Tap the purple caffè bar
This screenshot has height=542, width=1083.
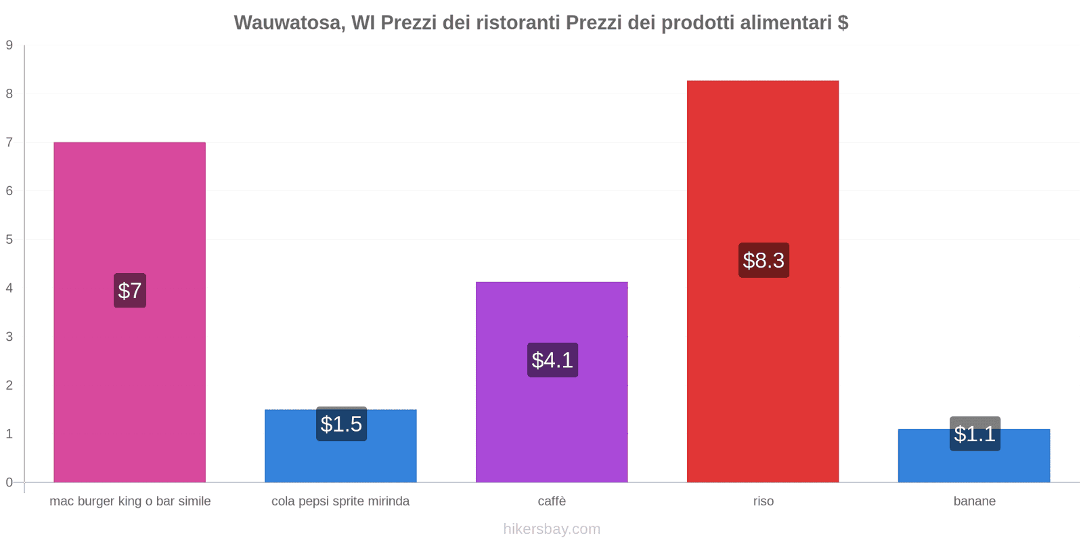(552, 420)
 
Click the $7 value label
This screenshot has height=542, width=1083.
(130, 291)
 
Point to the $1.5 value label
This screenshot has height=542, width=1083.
(341, 424)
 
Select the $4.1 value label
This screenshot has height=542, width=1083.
(552, 360)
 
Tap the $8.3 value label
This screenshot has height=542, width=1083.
(764, 260)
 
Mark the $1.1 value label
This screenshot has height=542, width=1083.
(975, 434)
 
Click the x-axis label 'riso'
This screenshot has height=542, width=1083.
(764, 501)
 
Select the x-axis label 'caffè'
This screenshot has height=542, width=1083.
(552, 501)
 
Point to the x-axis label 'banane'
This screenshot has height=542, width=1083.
(974, 501)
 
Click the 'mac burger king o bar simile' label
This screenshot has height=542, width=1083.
(130, 501)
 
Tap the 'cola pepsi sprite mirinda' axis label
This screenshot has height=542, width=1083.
(340, 501)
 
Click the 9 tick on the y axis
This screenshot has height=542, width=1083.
(9, 45)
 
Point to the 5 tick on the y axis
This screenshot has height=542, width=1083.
(9, 240)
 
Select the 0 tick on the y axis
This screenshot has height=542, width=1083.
(9, 482)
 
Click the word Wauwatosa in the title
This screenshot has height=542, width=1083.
(288, 23)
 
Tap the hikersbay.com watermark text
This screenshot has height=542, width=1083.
(552, 529)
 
